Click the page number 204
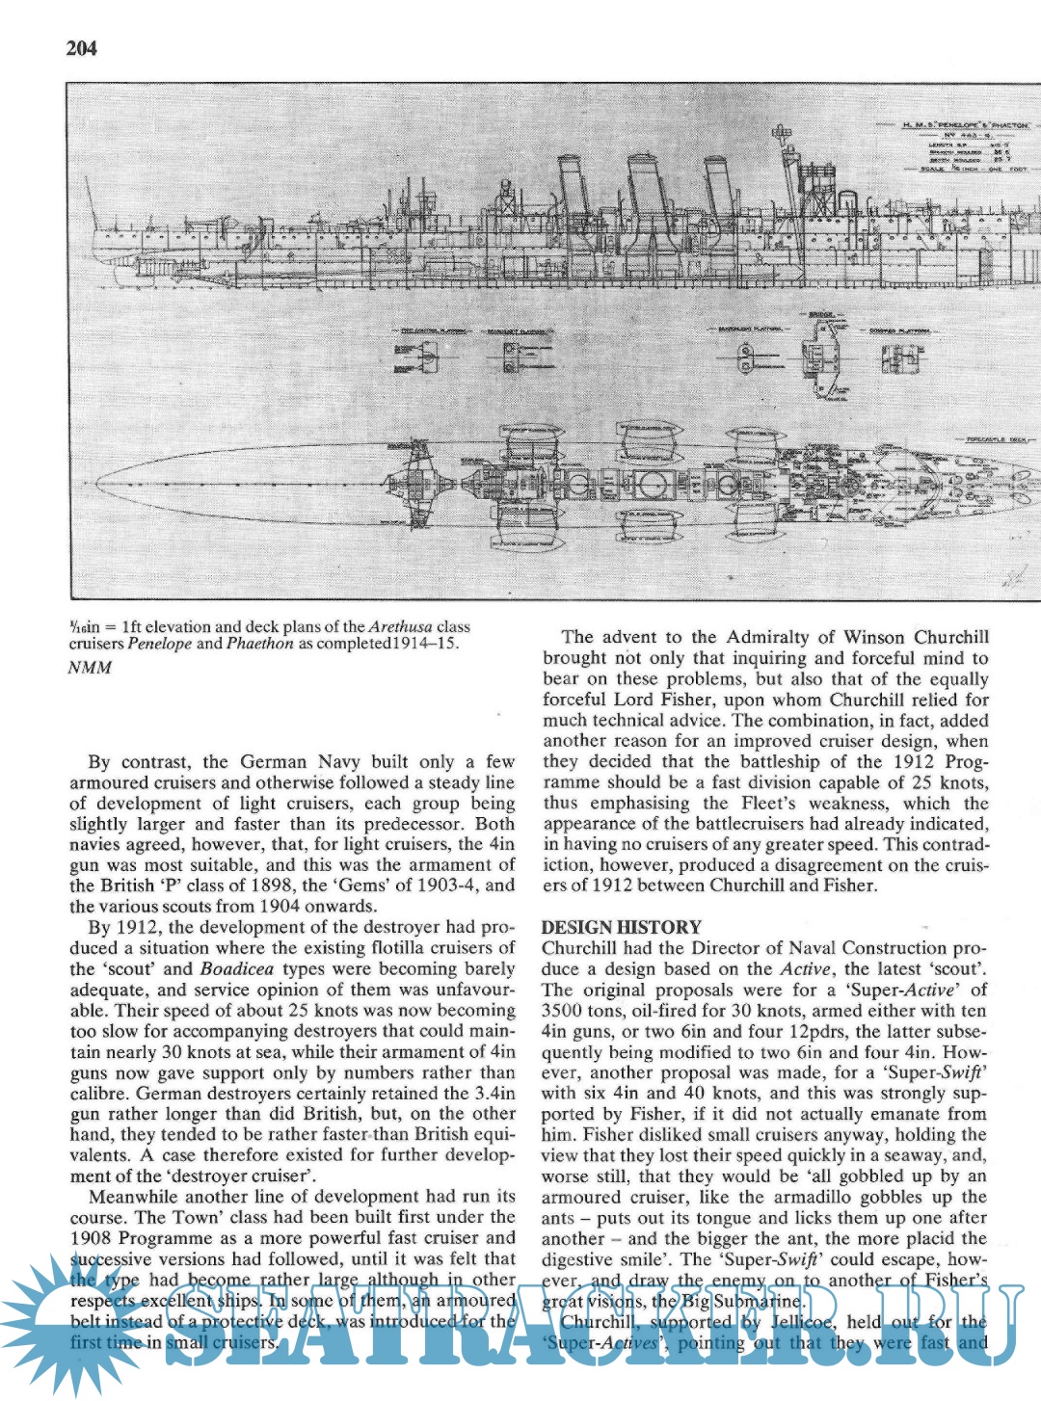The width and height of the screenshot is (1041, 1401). pyautogui.click(x=82, y=48)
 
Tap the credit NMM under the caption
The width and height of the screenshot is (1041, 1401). pyautogui.click(x=90, y=668)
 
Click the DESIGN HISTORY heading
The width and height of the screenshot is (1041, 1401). pyautogui.click(x=621, y=927)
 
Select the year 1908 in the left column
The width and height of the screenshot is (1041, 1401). pyautogui.click(x=92, y=1238)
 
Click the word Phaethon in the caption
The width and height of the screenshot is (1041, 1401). pyautogui.click(x=259, y=644)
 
